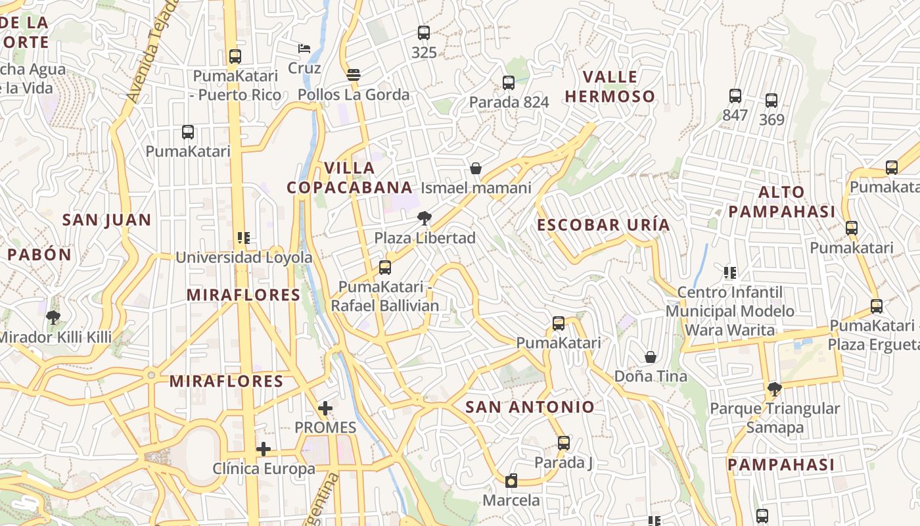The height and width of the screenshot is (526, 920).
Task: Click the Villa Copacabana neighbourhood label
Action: (350, 178)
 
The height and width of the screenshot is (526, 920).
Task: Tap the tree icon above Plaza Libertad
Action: (425, 218)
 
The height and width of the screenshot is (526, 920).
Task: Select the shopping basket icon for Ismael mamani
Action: (476, 168)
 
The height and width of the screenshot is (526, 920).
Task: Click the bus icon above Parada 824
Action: (509, 83)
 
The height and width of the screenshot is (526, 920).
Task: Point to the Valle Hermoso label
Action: (610, 87)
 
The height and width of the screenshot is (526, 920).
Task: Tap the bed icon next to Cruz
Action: (304, 49)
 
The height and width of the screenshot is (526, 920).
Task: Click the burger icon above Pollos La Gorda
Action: (354, 74)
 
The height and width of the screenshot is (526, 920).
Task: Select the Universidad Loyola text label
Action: (244, 257)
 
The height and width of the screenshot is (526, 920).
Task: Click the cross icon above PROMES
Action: (325, 408)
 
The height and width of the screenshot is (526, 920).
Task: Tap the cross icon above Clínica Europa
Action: (264, 449)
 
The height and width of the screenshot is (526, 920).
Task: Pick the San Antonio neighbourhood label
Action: (530, 407)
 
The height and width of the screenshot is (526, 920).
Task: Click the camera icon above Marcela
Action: (511, 481)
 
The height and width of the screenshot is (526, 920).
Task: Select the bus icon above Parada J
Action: (563, 442)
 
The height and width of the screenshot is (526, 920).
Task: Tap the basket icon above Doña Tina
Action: (651, 357)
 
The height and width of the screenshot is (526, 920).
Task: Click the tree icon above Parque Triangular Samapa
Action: (775, 389)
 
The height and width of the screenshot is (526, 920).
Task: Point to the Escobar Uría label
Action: (603, 225)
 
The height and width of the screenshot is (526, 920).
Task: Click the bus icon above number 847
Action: (735, 96)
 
